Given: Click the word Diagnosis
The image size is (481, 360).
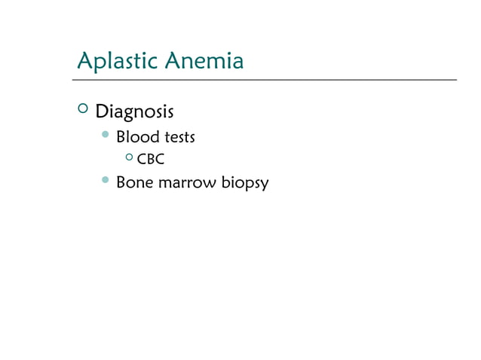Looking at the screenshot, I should pos(134,113).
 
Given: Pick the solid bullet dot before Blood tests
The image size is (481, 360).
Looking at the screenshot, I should pos(105,136).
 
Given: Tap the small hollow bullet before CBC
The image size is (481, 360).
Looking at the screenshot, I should pos(129,158).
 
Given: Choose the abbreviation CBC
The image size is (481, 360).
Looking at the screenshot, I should pos(151,160).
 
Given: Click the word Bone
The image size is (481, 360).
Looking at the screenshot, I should pos(133,183).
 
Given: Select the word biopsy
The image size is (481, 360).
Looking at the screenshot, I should pos(244,184).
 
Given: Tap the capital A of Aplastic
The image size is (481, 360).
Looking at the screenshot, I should pos(85,60).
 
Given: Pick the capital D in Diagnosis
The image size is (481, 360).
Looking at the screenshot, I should pos(100,113).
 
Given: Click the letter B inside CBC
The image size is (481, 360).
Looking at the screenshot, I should pos(151,160).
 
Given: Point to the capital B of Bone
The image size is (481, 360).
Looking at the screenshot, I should pos(121,183).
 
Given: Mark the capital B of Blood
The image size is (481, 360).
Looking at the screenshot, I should pos(121,138).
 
